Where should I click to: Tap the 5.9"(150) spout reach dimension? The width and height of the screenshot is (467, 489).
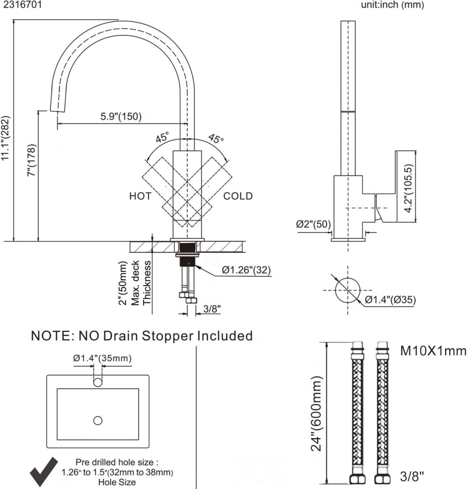[x=121, y=117]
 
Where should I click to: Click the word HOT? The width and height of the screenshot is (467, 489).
[x=140, y=196]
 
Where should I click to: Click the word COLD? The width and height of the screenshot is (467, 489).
[x=238, y=196]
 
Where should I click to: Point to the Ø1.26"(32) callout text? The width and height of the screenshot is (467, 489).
[x=246, y=270]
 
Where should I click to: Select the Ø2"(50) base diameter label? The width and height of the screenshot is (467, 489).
[x=313, y=224]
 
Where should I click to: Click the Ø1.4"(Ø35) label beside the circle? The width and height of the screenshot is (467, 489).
[x=390, y=300]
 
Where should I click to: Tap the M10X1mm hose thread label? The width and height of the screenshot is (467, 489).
[x=433, y=351]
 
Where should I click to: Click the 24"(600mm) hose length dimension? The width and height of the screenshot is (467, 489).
[x=317, y=413]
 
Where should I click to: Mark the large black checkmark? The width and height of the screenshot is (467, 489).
[x=44, y=471]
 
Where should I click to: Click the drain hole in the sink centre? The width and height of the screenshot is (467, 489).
[x=98, y=420]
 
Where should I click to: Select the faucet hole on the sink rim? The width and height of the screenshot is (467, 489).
[x=98, y=383]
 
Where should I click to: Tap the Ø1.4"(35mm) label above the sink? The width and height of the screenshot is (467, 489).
[x=102, y=358]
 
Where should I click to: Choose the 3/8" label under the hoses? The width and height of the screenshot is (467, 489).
[x=412, y=476]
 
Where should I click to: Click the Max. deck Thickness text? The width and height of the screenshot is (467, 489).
[x=141, y=282]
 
